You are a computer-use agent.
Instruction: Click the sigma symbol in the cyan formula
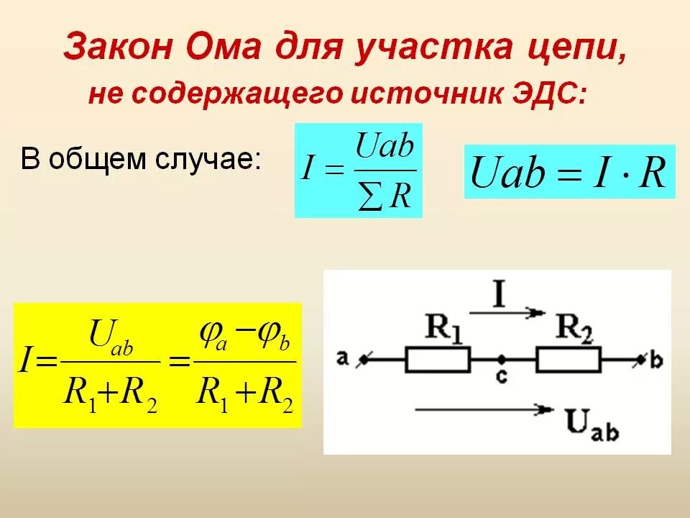[372, 198]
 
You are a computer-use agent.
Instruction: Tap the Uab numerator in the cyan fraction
[385, 147]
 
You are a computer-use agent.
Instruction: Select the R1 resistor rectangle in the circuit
[438, 358]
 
